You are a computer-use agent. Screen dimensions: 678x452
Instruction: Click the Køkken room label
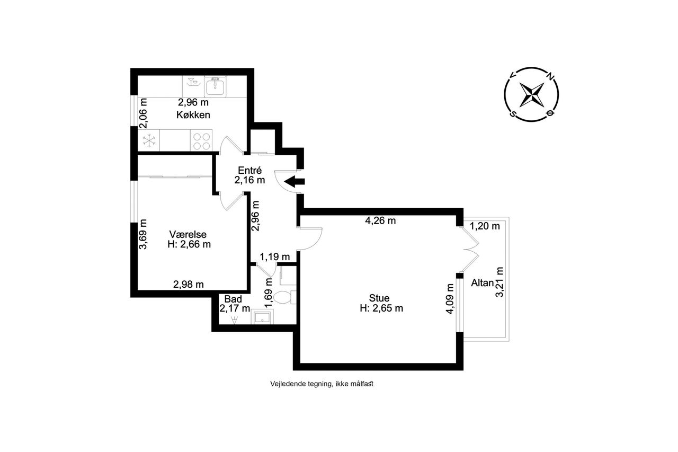pos(193,115)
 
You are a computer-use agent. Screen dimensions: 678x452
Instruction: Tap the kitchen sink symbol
pos(215,86)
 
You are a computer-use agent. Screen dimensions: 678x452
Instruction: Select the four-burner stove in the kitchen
pos(202,141)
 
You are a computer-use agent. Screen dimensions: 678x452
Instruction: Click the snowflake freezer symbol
pos(149,140)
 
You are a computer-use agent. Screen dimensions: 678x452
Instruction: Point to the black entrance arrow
pos(294,182)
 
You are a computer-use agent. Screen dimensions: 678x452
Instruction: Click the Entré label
pos(249,170)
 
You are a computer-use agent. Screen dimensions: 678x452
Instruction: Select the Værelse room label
pos(188,234)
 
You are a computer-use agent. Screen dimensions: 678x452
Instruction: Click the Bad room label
pos(233,299)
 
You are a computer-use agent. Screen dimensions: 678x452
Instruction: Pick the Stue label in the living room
pos(379,298)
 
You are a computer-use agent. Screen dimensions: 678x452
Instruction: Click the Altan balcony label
pos(483,283)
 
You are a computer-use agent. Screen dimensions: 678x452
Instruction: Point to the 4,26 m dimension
pos(380,221)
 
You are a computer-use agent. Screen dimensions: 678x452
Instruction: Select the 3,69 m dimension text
pos(142,234)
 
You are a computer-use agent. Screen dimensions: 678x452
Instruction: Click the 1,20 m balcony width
pos(485,226)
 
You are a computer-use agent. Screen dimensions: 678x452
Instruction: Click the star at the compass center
pos(531,94)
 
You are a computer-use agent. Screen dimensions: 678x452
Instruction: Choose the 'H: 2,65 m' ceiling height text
pos(381,308)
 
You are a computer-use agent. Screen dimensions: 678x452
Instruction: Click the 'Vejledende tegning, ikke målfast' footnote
pos(322,384)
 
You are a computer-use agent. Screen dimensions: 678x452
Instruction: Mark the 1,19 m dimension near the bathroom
pos(275,257)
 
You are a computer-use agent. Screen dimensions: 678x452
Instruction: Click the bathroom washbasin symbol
pos(262,317)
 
